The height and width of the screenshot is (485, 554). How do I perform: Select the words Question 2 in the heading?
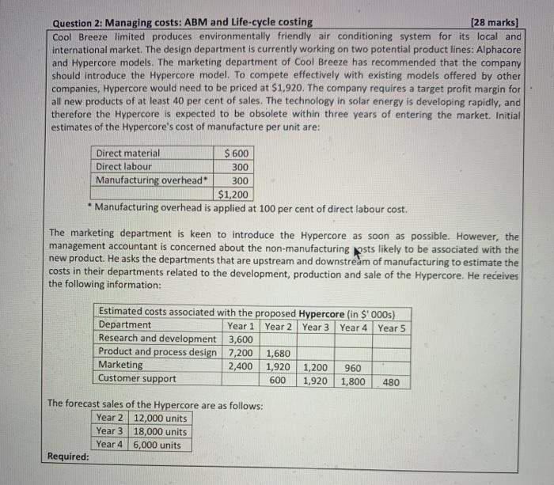[85, 22]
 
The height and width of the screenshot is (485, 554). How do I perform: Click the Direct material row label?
[127, 153]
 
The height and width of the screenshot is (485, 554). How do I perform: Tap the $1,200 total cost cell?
[233, 194]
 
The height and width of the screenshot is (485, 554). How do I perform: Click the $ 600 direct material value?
[237, 153]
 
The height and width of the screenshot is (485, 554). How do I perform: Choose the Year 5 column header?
[393, 327]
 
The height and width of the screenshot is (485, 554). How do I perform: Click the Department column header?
[124, 325]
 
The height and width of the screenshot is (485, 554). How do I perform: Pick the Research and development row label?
[156, 339]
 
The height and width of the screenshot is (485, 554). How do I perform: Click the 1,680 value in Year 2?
[278, 352]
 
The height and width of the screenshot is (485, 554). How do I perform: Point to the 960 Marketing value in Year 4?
[352, 366]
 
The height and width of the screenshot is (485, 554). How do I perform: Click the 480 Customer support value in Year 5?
[391, 381]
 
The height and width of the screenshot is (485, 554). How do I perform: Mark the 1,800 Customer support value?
[352, 381]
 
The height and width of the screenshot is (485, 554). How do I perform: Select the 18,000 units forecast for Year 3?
[161, 431]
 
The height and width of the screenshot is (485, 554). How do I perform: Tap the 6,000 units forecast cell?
[157, 445]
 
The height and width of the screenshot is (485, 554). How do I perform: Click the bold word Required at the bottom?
[68, 457]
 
